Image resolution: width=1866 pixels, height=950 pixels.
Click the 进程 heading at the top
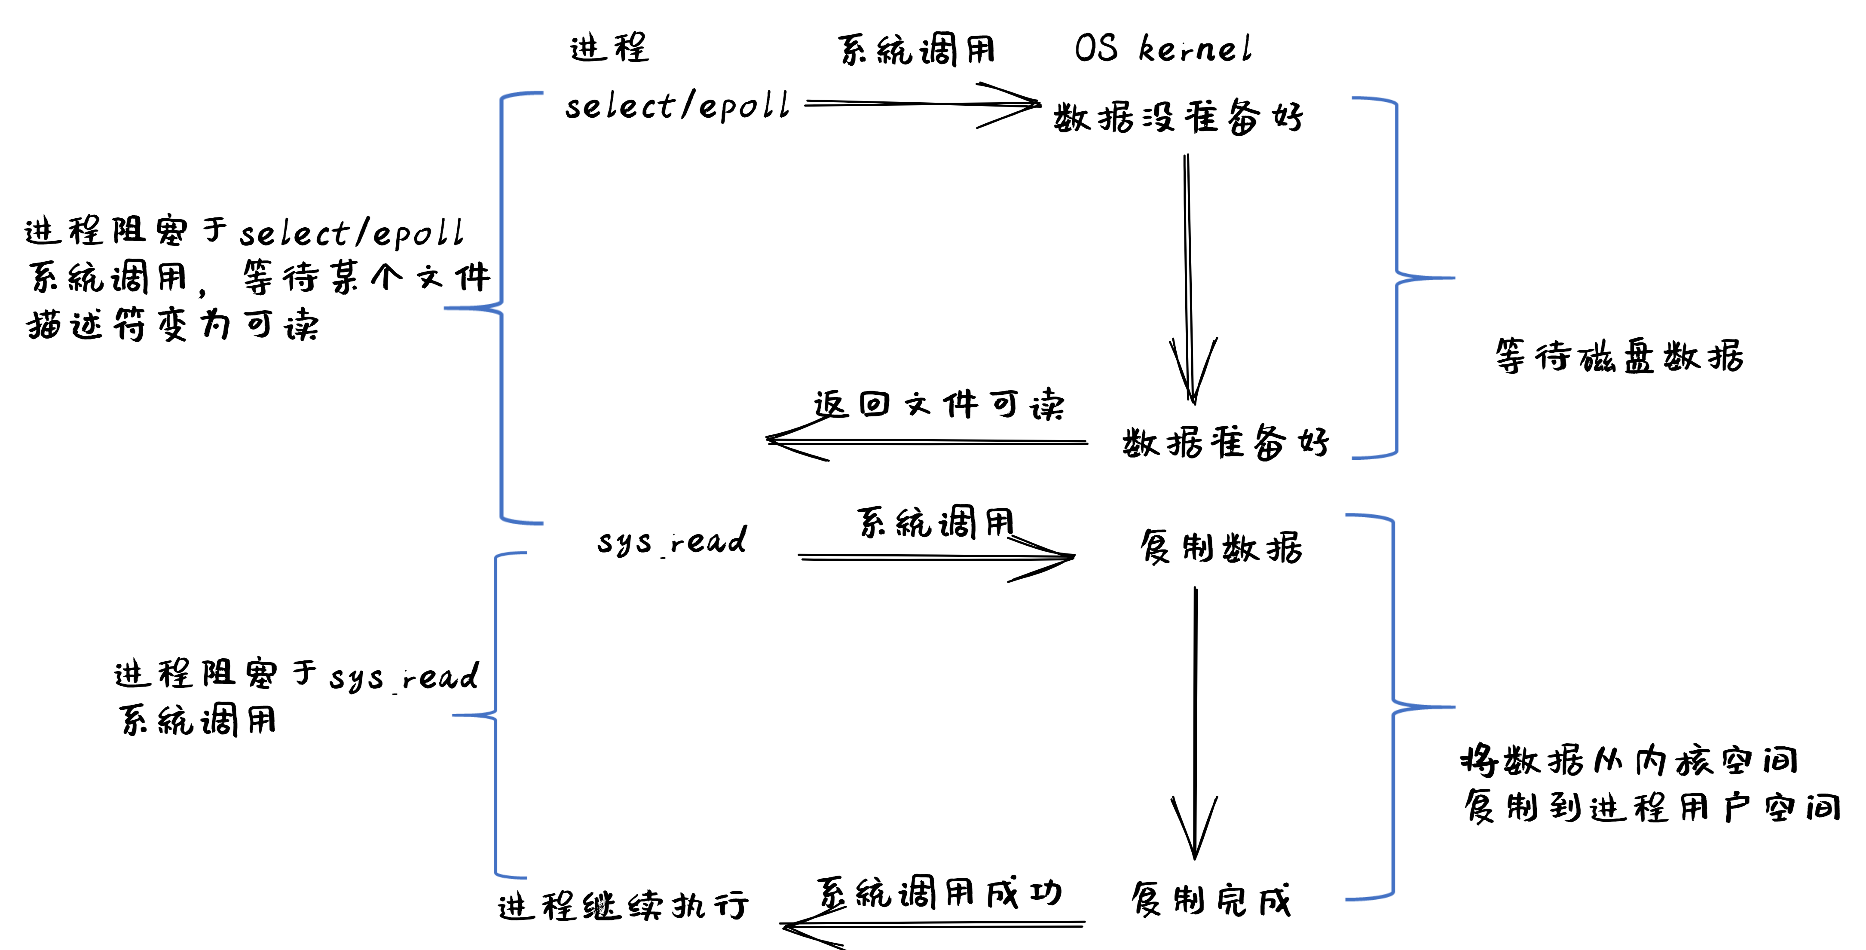[x=609, y=49]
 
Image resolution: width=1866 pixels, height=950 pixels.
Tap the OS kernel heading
[x=1162, y=49]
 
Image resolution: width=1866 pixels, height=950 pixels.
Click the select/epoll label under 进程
[x=677, y=107]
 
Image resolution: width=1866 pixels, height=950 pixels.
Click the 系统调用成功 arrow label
[x=939, y=893]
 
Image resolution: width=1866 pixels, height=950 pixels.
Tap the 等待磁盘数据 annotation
[x=1619, y=355]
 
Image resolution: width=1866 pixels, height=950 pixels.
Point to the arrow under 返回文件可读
[x=927, y=441]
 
